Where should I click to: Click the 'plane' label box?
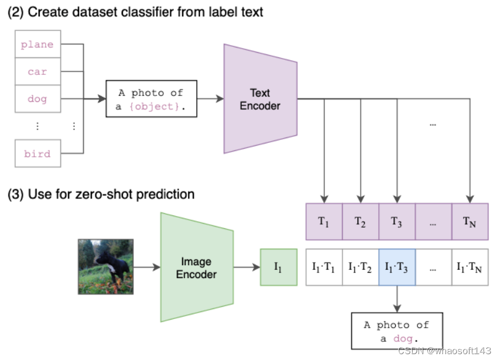37,44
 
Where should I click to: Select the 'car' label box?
37,72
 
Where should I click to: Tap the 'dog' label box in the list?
37,99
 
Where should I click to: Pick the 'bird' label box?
37,154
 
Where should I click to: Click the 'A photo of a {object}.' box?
150,99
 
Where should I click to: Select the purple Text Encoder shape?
261,99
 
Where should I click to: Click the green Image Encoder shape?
197,268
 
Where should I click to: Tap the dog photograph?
106,266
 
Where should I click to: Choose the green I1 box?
278,268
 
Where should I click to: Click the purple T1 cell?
324,221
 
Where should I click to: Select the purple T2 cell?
361,221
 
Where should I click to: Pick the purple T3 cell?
398,221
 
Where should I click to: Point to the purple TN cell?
470,221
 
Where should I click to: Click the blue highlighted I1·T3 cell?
398,268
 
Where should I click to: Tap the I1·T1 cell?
324,268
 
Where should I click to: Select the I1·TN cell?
470,268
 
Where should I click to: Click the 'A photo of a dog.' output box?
397,331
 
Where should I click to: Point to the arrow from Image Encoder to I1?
246,268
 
